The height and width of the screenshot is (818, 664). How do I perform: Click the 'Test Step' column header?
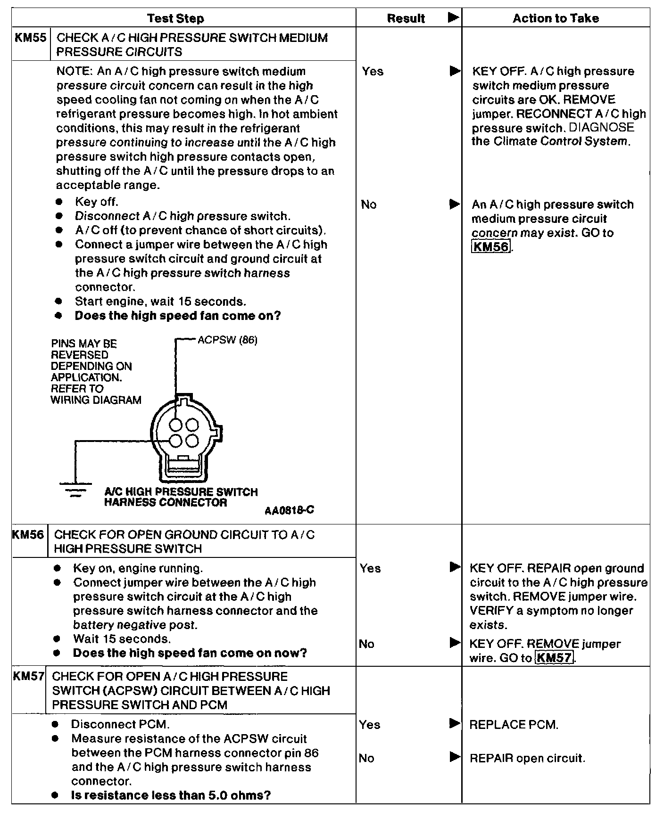click(x=175, y=18)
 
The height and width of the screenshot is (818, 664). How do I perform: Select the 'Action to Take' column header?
click(x=556, y=18)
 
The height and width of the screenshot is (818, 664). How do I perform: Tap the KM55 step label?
click(x=31, y=38)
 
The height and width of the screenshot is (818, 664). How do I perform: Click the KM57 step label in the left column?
click(x=28, y=677)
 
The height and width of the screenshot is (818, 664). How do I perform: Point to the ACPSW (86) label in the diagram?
click(x=227, y=340)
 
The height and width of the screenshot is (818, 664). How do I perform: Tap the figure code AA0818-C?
click(x=289, y=510)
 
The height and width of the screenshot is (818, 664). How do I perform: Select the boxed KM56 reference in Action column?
click(x=491, y=247)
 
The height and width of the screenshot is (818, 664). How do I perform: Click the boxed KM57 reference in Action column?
click(x=555, y=658)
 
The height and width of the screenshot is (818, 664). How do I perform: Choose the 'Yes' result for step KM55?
click(x=373, y=72)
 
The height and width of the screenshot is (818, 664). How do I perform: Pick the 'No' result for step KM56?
click(x=366, y=644)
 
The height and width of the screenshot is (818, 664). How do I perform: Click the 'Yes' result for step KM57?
click(x=369, y=724)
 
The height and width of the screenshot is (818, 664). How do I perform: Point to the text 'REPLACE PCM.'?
click(x=514, y=725)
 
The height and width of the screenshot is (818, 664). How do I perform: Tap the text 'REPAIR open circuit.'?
click(x=527, y=758)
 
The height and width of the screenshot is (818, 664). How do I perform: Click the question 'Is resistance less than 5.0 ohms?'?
click(x=171, y=795)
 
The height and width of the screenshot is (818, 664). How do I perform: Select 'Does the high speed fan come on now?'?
click(x=190, y=653)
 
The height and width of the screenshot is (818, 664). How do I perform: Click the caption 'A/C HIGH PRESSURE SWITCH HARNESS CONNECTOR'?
click(x=181, y=497)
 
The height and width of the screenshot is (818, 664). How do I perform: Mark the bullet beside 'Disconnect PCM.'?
click(x=55, y=724)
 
